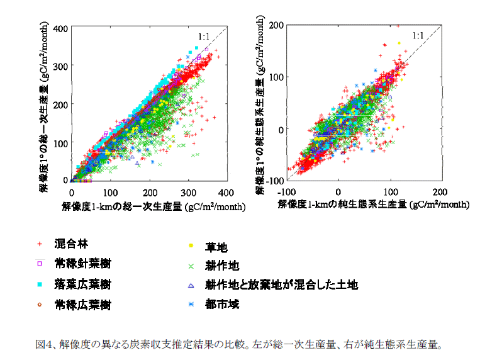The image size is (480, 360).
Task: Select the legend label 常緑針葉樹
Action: click(x=82, y=264)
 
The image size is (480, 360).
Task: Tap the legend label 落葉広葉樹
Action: click(x=82, y=284)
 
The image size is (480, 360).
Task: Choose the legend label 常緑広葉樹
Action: click(x=82, y=305)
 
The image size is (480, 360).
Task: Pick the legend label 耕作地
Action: click(x=221, y=266)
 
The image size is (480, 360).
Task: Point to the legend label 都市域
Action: click(x=221, y=305)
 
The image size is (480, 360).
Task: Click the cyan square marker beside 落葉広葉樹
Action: click(x=39, y=284)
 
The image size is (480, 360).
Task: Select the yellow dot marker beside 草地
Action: click(x=190, y=246)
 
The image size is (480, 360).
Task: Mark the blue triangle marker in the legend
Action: click(x=190, y=285)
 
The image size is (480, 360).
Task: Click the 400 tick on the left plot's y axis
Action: click(x=61, y=29)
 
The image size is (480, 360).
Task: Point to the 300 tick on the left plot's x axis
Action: click(x=187, y=192)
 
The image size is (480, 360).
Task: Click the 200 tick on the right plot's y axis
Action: click(x=275, y=25)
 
